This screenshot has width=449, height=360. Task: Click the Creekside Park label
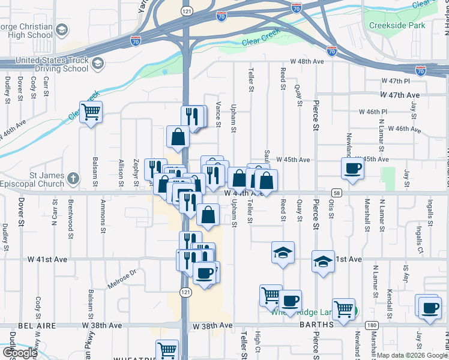click(x=397, y=25)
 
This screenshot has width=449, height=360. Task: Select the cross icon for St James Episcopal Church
click(x=73, y=178)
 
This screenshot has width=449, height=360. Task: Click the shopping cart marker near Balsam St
click(x=91, y=112)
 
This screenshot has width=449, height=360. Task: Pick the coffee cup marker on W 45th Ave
click(x=352, y=168)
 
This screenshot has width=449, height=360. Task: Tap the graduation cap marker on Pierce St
click(x=322, y=261)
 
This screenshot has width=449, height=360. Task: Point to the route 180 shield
click(x=372, y=325)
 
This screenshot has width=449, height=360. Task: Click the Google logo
click(x=19, y=352)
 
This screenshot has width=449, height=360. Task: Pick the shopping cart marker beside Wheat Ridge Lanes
click(x=343, y=310)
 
